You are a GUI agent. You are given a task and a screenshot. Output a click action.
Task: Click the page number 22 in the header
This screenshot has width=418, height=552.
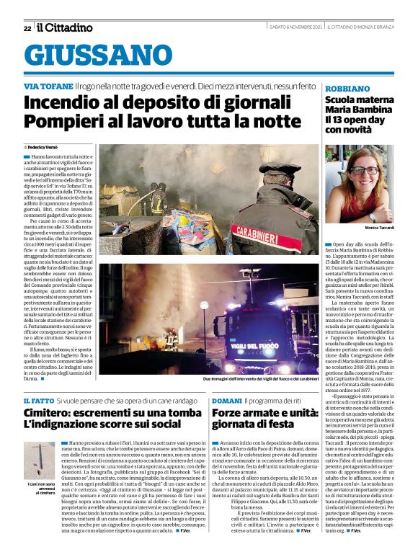[x=27, y=28]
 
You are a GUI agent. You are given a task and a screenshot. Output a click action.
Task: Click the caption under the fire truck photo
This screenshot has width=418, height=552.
[x=260, y=378]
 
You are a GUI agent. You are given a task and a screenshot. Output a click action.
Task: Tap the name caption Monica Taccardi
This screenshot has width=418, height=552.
[x=375, y=228]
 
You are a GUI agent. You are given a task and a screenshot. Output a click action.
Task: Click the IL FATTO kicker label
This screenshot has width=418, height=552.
[x=38, y=400]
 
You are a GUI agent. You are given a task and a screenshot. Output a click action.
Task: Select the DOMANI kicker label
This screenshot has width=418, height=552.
[x=226, y=400]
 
